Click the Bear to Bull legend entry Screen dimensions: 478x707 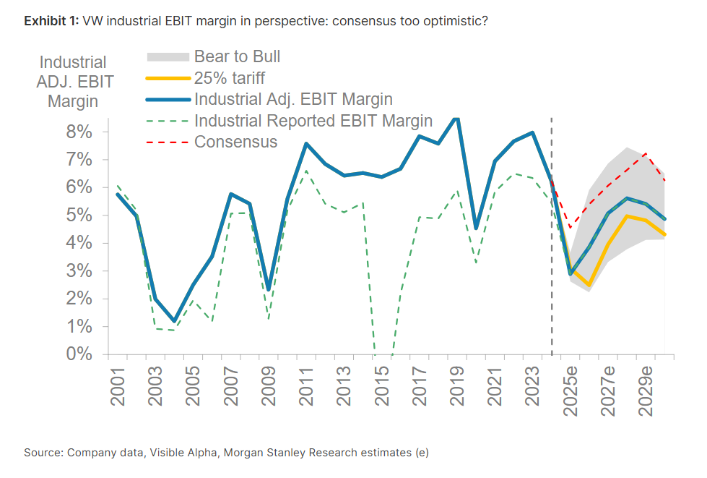coord(237,56)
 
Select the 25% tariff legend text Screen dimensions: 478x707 coord(230,77)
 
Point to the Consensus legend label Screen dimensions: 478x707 coord(235,142)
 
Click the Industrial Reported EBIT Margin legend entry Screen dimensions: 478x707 coord(313,121)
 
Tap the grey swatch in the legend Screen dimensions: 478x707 coord(168,56)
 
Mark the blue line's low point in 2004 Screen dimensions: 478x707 coord(174,321)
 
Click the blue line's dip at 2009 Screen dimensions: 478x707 coord(268,289)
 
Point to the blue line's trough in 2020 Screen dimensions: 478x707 coord(475,229)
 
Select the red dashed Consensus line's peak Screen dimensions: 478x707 coord(646,153)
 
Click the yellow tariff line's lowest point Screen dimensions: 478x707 coord(589,286)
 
